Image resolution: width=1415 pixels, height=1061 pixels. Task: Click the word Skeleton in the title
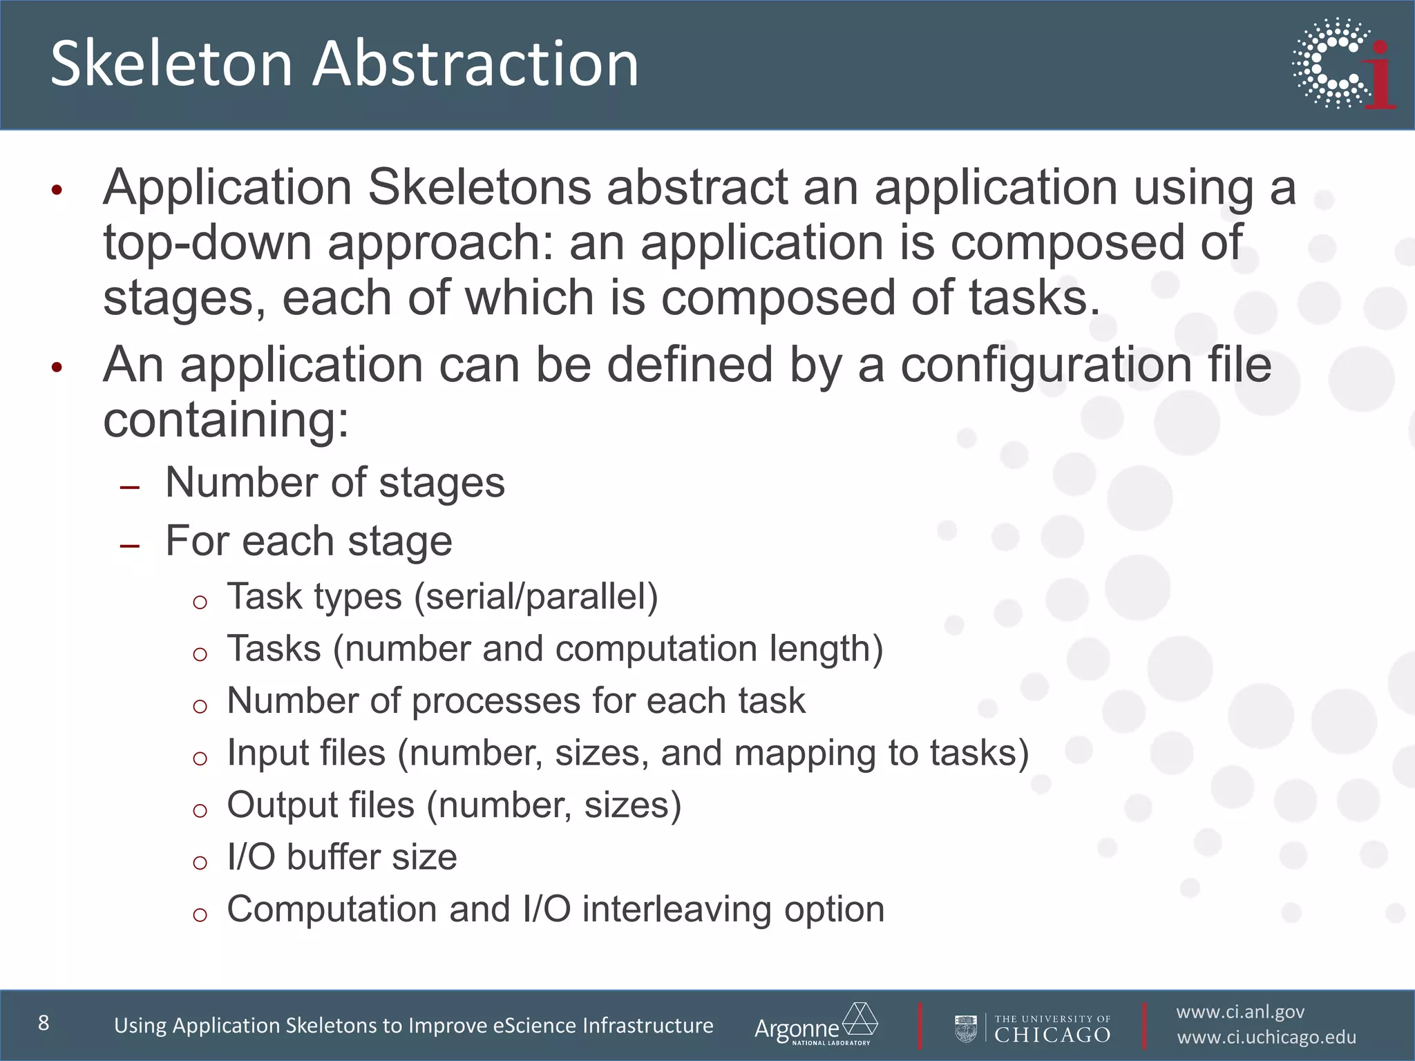(172, 64)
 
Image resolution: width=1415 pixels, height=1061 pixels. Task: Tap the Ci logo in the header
(1344, 64)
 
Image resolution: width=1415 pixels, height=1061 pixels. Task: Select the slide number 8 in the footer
(44, 1023)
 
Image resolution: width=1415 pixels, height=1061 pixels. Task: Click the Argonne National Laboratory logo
(816, 1025)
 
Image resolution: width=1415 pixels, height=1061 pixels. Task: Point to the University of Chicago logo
(1033, 1028)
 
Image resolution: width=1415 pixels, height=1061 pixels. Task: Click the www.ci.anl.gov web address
(1240, 1012)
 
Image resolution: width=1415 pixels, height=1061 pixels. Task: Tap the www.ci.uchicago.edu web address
(1266, 1038)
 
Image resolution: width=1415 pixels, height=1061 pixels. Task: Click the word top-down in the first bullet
(207, 243)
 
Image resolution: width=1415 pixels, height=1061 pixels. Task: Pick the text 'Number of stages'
(335, 482)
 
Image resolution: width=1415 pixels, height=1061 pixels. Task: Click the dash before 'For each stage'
(129, 546)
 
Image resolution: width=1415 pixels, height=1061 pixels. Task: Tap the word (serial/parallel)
(535, 596)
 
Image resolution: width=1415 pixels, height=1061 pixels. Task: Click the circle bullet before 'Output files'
(200, 810)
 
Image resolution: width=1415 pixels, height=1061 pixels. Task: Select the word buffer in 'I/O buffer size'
(333, 857)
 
